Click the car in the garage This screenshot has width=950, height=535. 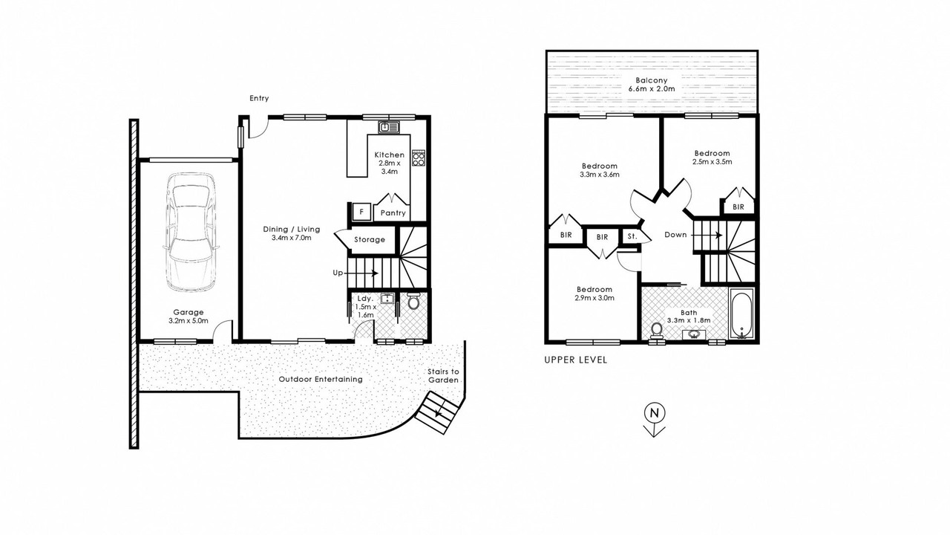(x=191, y=232)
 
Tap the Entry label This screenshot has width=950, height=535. (x=259, y=98)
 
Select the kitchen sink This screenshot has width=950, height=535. (x=389, y=127)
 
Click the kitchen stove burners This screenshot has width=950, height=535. (x=419, y=158)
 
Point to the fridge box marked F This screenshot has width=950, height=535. (x=361, y=212)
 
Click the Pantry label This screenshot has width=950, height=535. (x=393, y=213)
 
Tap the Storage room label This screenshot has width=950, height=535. (x=370, y=239)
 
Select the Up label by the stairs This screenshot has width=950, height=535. (x=338, y=273)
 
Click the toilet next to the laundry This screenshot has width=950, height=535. (x=413, y=301)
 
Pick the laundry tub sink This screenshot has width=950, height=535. (x=387, y=299)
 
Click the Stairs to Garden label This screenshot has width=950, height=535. (x=443, y=376)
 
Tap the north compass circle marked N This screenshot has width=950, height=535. (x=655, y=412)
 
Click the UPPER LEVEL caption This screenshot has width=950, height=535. (x=575, y=360)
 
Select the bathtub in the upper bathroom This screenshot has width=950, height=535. (x=741, y=314)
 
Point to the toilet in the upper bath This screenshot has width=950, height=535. (x=657, y=331)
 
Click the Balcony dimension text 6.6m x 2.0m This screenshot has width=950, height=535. (x=652, y=88)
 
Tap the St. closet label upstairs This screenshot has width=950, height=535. (x=632, y=236)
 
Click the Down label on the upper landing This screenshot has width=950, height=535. (x=675, y=234)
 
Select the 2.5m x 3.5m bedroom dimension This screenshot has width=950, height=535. (x=712, y=161)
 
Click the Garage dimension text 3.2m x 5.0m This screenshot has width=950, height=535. (x=189, y=320)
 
